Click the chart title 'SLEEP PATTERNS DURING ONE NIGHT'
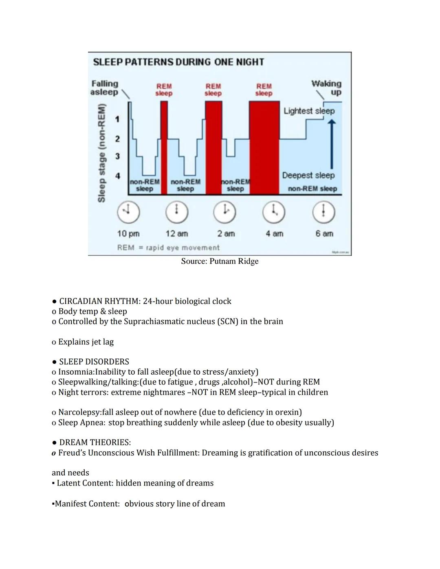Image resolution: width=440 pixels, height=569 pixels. (178, 62)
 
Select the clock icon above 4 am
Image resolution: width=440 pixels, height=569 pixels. (274, 212)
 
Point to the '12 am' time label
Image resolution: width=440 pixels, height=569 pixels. (177, 234)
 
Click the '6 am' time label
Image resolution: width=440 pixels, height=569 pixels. (324, 234)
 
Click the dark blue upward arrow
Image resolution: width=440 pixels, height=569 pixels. (332, 143)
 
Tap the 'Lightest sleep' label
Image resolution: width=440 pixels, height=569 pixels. (309, 111)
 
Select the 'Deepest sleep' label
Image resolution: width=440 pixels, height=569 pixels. (308, 175)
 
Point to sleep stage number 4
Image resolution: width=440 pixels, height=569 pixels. (118, 176)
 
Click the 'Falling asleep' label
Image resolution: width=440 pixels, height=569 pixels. (105, 88)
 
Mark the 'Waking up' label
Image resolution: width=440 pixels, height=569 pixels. (327, 88)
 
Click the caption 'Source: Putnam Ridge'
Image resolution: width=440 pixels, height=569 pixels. (220, 261)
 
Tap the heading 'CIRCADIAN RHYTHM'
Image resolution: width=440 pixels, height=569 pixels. (99, 301)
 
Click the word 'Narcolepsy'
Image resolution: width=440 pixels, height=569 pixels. (79, 412)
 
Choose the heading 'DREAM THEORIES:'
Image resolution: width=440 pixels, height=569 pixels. (95, 442)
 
